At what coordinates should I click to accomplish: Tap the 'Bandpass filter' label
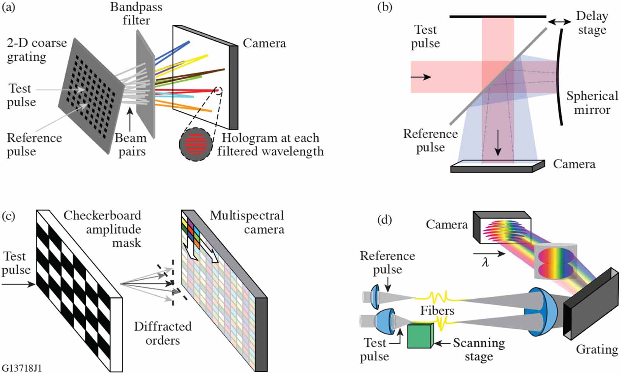[x=136, y=14]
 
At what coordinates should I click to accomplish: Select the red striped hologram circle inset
[x=196, y=144]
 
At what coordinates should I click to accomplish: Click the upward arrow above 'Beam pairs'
[x=130, y=119]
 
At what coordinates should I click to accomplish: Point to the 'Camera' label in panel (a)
[x=264, y=43]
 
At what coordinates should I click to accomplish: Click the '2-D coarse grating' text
[x=36, y=50]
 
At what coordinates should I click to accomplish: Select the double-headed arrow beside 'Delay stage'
[x=559, y=22]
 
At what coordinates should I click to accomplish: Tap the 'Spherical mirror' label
[x=592, y=103]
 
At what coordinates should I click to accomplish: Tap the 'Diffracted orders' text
[x=163, y=333]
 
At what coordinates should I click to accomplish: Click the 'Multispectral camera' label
[x=248, y=222]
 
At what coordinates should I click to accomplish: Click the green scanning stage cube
[x=420, y=336]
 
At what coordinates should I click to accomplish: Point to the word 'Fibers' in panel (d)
[x=437, y=310]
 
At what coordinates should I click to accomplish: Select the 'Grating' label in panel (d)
[x=597, y=349]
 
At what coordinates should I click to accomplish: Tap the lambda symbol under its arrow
[x=485, y=263]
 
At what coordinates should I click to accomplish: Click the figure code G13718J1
[x=22, y=368]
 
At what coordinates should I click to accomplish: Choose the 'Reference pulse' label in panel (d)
[x=387, y=263]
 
